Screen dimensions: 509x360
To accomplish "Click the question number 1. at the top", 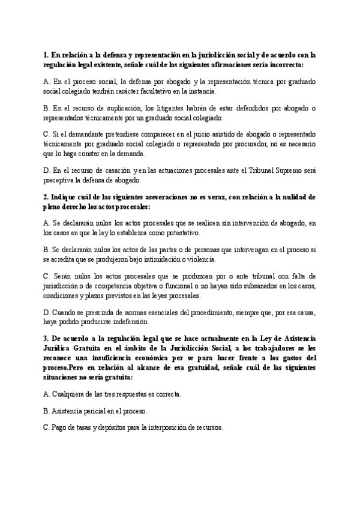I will (47, 55).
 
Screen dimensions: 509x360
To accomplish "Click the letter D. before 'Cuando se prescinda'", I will (47, 313).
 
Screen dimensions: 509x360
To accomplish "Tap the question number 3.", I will (47, 339).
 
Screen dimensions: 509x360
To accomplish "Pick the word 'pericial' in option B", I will (97, 411).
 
